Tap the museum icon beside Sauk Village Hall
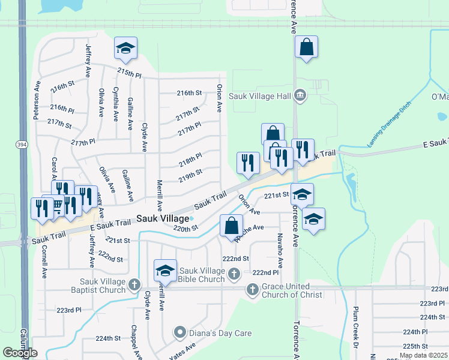coord(301,95)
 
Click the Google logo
coord(20,353)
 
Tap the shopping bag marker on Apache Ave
coord(232,226)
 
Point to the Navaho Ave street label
coord(280,251)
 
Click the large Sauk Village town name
coord(162,219)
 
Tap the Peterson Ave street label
coord(37,102)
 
